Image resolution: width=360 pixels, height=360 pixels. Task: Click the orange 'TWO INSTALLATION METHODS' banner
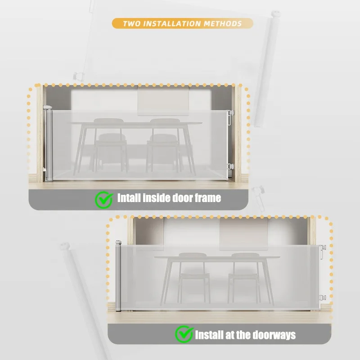[x=182, y=23]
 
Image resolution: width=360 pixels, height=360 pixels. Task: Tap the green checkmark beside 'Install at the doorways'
[x=184, y=334]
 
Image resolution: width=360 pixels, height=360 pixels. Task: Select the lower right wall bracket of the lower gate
[x=322, y=298]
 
